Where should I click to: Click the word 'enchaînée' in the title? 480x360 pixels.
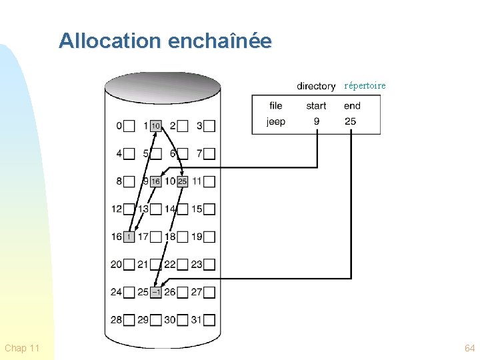(220, 41)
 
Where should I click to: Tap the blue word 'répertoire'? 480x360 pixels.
(365, 85)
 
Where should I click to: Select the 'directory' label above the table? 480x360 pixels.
(316, 86)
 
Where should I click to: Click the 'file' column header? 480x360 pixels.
(276, 105)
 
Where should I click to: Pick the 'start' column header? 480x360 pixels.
(316, 105)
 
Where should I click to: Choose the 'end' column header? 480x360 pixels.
(352, 105)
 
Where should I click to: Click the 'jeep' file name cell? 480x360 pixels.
(276, 121)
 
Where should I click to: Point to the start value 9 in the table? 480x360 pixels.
(316, 121)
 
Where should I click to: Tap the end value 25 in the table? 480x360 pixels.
(351, 121)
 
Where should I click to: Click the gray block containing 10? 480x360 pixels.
(155, 125)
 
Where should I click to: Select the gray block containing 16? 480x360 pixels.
(155, 181)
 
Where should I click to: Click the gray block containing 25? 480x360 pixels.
(182, 181)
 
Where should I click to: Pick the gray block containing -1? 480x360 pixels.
(155, 292)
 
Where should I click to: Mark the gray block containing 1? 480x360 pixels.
(129, 237)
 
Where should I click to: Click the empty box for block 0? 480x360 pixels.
(129, 125)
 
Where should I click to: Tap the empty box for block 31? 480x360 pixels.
(209, 320)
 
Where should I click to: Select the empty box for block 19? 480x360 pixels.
(209, 237)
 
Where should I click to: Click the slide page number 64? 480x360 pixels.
(470, 348)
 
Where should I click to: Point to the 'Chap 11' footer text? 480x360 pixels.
(22, 348)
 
